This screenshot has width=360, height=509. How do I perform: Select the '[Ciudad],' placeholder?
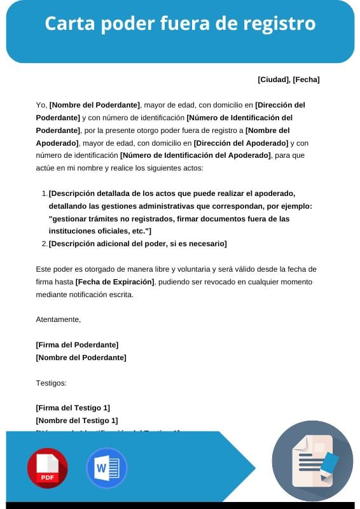click(274, 80)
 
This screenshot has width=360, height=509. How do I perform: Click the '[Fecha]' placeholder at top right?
click(306, 80)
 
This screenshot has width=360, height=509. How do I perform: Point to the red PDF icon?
click(47, 468)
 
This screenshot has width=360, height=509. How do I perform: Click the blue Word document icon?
click(106, 468)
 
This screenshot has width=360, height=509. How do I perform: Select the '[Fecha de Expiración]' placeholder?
click(115, 282)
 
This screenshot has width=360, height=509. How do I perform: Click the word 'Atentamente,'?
click(59, 319)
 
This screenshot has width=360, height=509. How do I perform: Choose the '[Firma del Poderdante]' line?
click(77, 345)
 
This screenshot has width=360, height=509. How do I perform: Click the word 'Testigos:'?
click(52, 383)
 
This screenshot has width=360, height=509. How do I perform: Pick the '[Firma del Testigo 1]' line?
click(73, 408)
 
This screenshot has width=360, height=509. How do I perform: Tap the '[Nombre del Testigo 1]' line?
click(77, 421)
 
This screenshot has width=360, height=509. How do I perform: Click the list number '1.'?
click(44, 193)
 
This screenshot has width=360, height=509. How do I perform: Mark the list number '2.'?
click(44, 244)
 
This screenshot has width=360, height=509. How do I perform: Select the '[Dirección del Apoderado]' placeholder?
click(241, 143)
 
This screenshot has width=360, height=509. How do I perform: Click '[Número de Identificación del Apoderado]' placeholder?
click(195, 156)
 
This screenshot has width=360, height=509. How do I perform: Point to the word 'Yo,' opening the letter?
click(42, 105)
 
